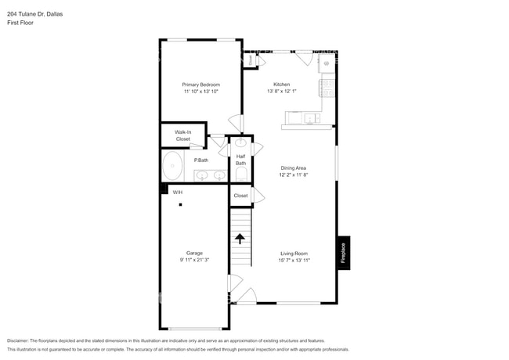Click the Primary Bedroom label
[200, 85]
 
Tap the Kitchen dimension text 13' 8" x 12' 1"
[281, 92]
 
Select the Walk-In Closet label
[182, 135]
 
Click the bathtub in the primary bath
[172, 167]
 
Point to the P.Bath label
[201, 160]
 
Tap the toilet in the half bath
[241, 173]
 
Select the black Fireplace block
[344, 253]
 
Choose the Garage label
[194, 253]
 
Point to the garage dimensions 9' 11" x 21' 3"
[194, 260]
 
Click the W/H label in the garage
[177, 192]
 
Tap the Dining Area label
[294, 167]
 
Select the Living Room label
[294, 253]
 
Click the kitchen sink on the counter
[312, 118]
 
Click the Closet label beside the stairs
[240, 196]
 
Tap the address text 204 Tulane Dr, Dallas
[35, 13]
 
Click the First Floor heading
[21, 23]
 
